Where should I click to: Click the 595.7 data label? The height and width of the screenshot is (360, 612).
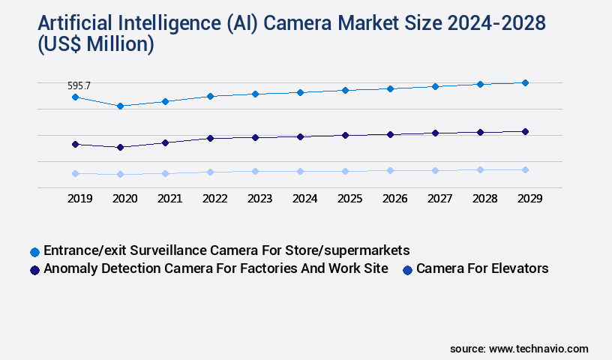pos(78,86)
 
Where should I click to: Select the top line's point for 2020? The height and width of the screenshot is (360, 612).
pos(120,106)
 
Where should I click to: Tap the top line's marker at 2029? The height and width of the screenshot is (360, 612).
pos(525,82)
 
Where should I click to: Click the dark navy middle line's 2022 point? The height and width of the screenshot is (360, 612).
pos(210,138)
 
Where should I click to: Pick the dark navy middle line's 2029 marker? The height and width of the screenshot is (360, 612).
pos(525,131)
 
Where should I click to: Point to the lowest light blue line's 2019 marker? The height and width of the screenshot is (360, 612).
pos(75,173)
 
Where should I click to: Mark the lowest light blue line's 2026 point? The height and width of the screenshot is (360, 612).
pos(390,170)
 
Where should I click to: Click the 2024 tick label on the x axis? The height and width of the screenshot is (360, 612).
pos(304,199)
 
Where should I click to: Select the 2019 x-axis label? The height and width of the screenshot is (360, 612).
pos(79,199)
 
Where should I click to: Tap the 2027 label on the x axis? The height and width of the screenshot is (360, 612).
pos(439,199)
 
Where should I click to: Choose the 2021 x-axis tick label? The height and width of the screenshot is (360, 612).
pos(169,199)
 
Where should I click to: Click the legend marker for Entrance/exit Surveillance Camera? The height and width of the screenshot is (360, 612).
pos(34,251)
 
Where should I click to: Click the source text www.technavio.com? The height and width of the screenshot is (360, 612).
pos(538,349)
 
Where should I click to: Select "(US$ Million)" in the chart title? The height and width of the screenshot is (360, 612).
pos(88,46)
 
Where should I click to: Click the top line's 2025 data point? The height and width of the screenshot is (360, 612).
pos(345,90)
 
